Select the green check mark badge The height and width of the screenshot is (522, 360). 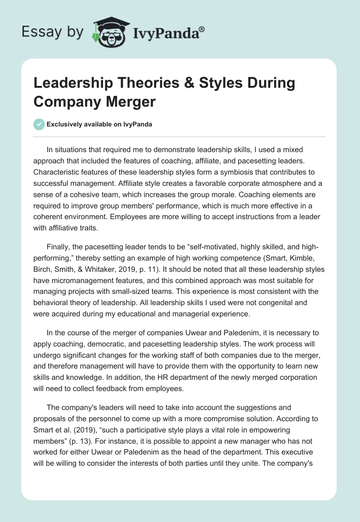[40, 124]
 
